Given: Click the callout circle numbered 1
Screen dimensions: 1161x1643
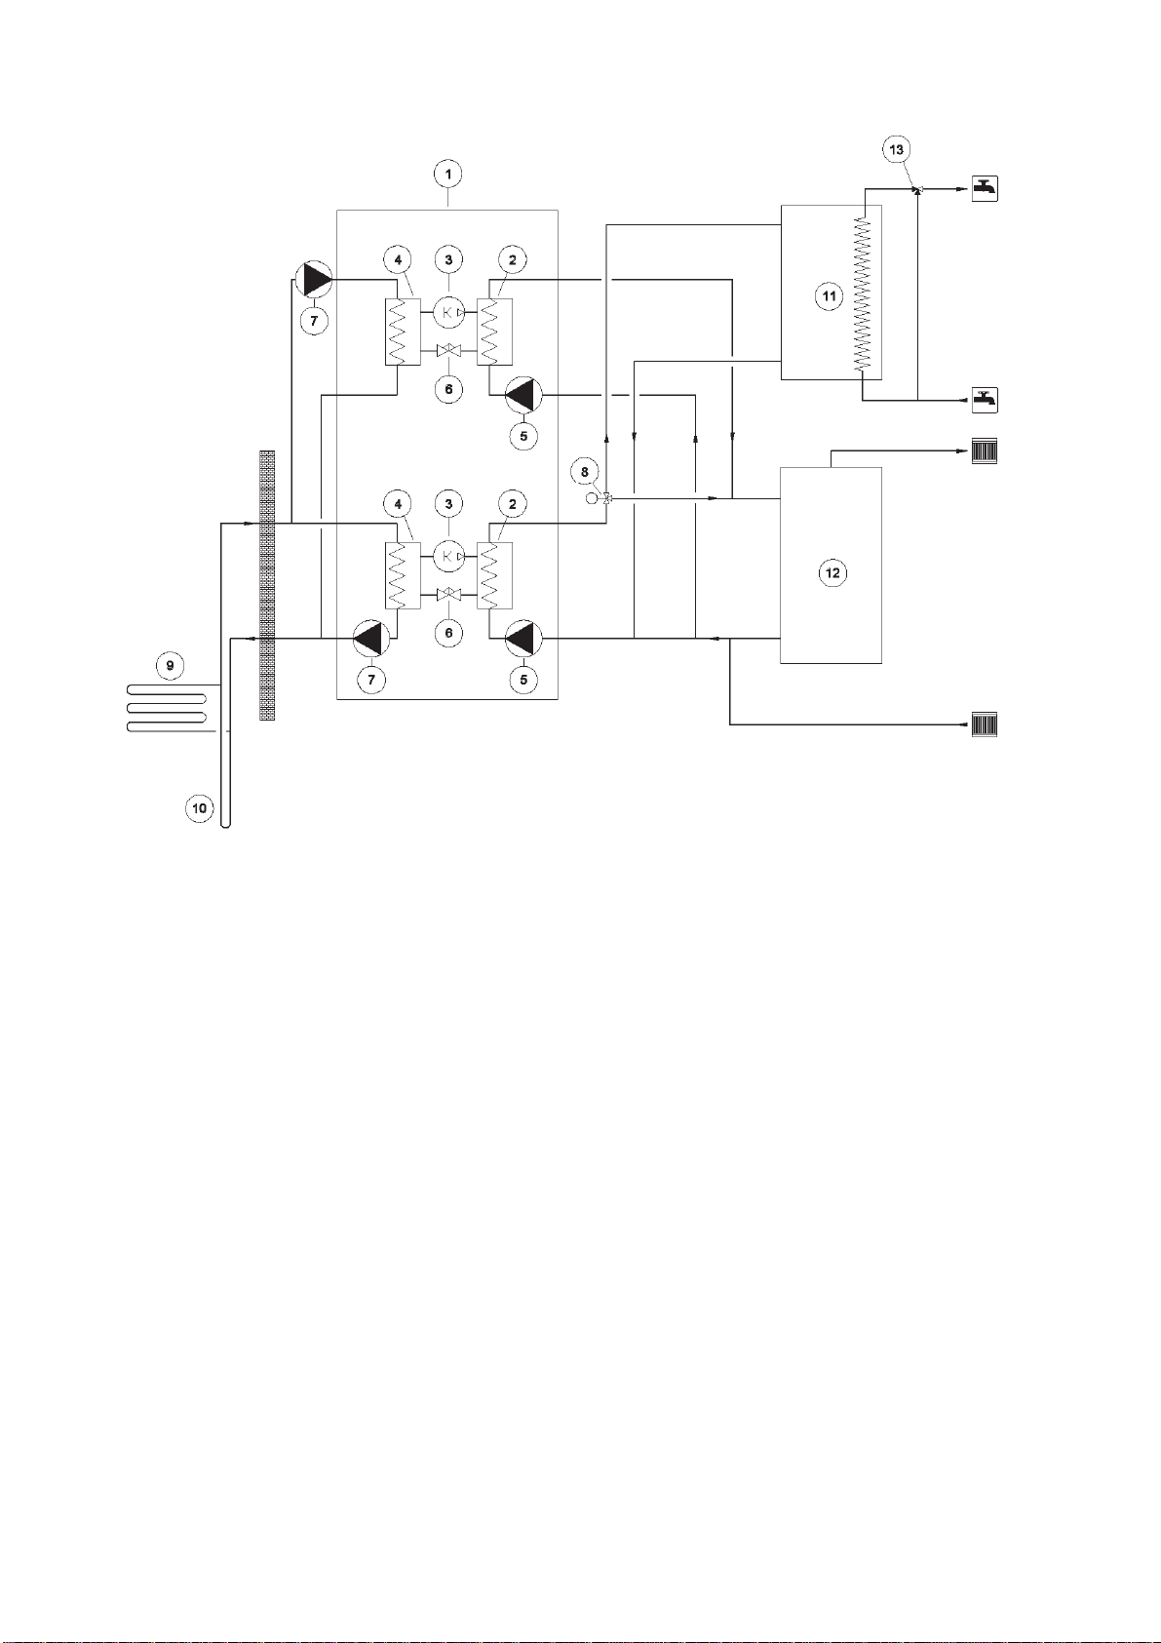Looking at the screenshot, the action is point(447,175).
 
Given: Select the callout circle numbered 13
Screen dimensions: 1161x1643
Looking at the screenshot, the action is point(896,149).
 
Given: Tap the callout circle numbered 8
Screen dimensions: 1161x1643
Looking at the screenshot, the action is point(585,472).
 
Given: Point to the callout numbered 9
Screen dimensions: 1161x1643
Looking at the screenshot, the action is point(171,665).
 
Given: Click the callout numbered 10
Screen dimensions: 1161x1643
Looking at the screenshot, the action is point(199,808).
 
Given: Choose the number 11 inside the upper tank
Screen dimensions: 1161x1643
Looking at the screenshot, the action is point(829,296).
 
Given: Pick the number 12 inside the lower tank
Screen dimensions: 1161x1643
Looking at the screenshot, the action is point(832,572).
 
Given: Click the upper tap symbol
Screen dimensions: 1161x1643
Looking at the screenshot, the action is point(985,188).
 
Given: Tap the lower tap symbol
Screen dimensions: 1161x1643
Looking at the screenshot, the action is point(985,401).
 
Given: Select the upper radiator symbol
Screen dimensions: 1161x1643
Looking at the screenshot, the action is point(985,451).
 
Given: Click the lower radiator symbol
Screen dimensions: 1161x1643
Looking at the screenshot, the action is point(985,724).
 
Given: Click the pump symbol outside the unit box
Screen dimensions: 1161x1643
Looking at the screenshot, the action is point(313,279).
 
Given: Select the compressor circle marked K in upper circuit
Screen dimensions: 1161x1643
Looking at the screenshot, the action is point(448,313).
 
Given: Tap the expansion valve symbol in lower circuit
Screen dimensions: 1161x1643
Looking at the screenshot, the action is point(448,595).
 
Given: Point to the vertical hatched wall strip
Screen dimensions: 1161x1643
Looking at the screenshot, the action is point(268,585).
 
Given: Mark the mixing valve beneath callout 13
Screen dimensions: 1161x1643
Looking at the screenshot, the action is point(917,190).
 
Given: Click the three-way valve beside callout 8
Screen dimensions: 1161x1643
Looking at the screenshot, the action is point(607,499).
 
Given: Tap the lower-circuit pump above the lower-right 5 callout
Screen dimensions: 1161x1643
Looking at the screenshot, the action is point(522,638).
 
